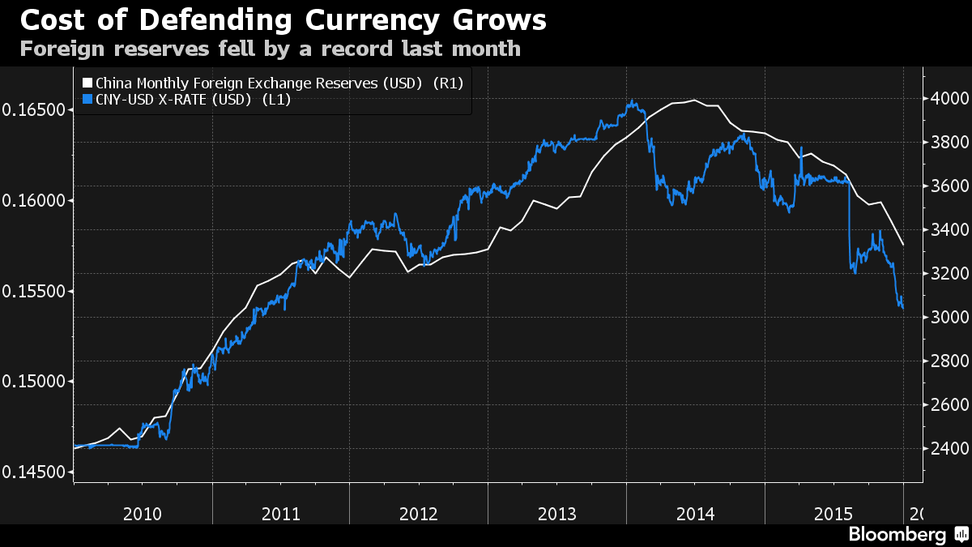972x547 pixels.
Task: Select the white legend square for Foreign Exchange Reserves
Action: (88, 83)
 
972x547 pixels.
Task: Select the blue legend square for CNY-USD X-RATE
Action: (88, 100)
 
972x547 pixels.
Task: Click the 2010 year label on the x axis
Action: (143, 514)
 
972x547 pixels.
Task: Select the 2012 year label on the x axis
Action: (419, 514)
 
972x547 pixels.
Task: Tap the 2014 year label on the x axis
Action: (695, 514)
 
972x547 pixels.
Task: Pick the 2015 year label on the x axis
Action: (833, 514)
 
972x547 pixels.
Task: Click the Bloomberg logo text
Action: (897, 535)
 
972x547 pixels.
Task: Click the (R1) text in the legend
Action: (450, 83)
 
